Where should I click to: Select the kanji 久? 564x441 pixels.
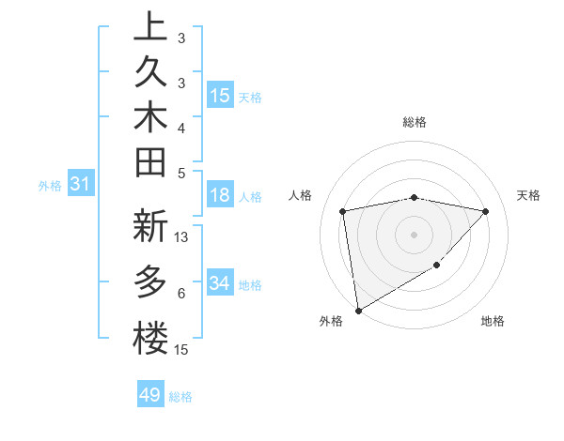pyautogui.click(x=150, y=75)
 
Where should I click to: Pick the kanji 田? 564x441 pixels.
pyautogui.click(x=150, y=167)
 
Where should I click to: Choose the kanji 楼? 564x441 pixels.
pyautogui.click(x=150, y=337)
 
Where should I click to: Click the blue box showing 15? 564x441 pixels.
pyautogui.click(x=220, y=96)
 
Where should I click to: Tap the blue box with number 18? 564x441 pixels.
pyautogui.click(x=220, y=196)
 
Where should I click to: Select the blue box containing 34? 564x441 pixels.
pyautogui.click(x=220, y=283)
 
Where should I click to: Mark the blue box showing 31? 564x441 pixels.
pyautogui.click(x=80, y=185)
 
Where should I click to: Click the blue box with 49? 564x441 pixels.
pyautogui.click(x=150, y=395)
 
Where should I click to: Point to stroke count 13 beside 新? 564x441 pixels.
pyautogui.click(x=182, y=237)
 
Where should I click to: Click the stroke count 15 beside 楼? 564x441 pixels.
pyautogui.click(x=182, y=350)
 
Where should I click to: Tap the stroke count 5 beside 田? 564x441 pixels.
pyautogui.click(x=180, y=172)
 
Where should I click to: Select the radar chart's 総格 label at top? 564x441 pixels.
pyautogui.click(x=415, y=122)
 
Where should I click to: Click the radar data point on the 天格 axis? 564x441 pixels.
pyautogui.click(x=486, y=212)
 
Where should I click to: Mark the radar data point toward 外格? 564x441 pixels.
pyautogui.click(x=358, y=310)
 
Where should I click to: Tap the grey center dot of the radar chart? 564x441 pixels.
pyautogui.click(x=415, y=234)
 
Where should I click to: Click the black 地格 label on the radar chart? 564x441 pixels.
pyautogui.click(x=493, y=321)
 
